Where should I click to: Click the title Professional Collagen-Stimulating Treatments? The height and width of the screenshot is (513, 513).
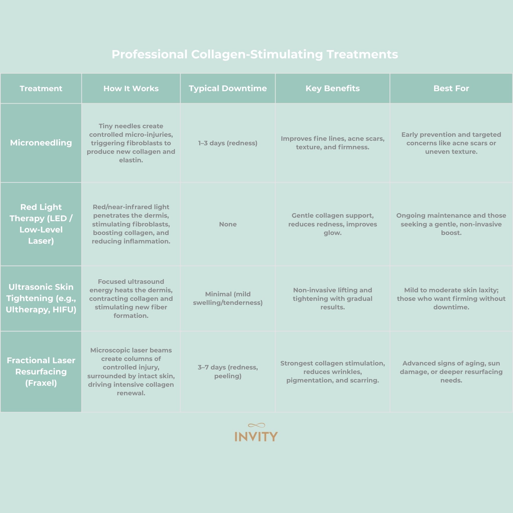tap(255, 54)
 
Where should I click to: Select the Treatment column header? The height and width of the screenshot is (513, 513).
tap(41, 88)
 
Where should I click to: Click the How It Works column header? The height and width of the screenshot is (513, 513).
tap(131, 88)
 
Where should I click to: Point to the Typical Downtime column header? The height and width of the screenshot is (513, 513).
tap(227, 88)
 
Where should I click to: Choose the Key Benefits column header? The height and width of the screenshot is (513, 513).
tap(332, 88)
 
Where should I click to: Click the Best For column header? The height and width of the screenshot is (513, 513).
tap(451, 88)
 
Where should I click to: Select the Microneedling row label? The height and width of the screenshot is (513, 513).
tap(41, 143)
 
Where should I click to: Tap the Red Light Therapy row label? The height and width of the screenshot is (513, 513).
tap(41, 224)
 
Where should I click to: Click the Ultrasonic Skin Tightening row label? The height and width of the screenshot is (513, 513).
tap(41, 298)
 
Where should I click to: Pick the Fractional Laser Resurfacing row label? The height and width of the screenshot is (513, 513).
tap(41, 371)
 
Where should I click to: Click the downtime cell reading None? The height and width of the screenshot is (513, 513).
tap(227, 224)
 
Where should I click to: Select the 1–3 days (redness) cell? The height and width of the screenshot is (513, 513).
tap(227, 143)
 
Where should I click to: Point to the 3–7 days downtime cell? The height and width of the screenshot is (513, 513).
tap(227, 371)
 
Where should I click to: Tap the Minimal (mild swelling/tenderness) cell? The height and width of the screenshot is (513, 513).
tap(227, 298)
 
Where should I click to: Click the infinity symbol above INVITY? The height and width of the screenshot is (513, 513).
tap(256, 425)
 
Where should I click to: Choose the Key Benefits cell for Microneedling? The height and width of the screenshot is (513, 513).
tap(332, 143)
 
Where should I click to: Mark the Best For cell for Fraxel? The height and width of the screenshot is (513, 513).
tap(451, 371)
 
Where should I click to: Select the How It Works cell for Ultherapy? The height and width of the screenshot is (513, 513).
tap(131, 298)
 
